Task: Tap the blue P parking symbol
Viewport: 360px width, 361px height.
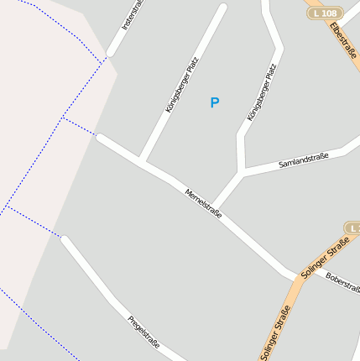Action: point(214,102)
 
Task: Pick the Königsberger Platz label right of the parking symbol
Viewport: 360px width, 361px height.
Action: point(262,93)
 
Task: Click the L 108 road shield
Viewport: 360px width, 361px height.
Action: point(323,13)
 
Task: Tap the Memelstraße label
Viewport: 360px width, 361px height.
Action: point(203,204)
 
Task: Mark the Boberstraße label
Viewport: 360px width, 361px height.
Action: point(343,283)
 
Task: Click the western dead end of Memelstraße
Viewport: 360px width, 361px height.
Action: point(97,136)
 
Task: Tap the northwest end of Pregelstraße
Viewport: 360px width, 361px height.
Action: point(62,238)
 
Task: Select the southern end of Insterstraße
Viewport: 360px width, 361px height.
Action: point(107,58)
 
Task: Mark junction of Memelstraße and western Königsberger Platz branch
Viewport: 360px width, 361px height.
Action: point(141,160)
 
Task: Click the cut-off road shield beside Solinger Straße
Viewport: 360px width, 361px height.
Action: point(353,228)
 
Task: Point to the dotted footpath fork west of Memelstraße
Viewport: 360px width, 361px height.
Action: point(62,118)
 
